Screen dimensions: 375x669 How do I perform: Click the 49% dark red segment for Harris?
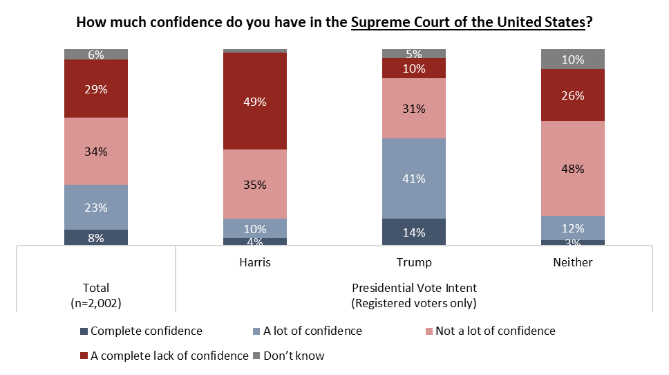pos(255,101)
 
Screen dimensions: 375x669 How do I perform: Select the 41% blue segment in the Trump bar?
pos(414,179)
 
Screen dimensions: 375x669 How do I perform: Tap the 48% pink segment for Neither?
pos(573,168)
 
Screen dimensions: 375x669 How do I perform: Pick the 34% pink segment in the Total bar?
pos(96,151)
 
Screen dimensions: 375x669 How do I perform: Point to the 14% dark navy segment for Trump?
pos(414,232)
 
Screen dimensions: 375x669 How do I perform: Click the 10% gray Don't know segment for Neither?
pos(573,60)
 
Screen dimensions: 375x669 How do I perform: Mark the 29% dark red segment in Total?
pos(96,89)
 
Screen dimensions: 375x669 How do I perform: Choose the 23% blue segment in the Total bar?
pos(96,207)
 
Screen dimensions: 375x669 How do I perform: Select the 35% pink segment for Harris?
pos(255,184)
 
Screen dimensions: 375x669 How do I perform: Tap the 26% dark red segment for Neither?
pos(573,95)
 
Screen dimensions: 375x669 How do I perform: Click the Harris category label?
pos(255,263)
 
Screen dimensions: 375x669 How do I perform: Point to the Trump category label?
pos(414,263)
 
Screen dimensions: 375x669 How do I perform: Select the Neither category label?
pos(573,263)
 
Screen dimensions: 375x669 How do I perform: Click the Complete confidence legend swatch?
pos(84,331)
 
